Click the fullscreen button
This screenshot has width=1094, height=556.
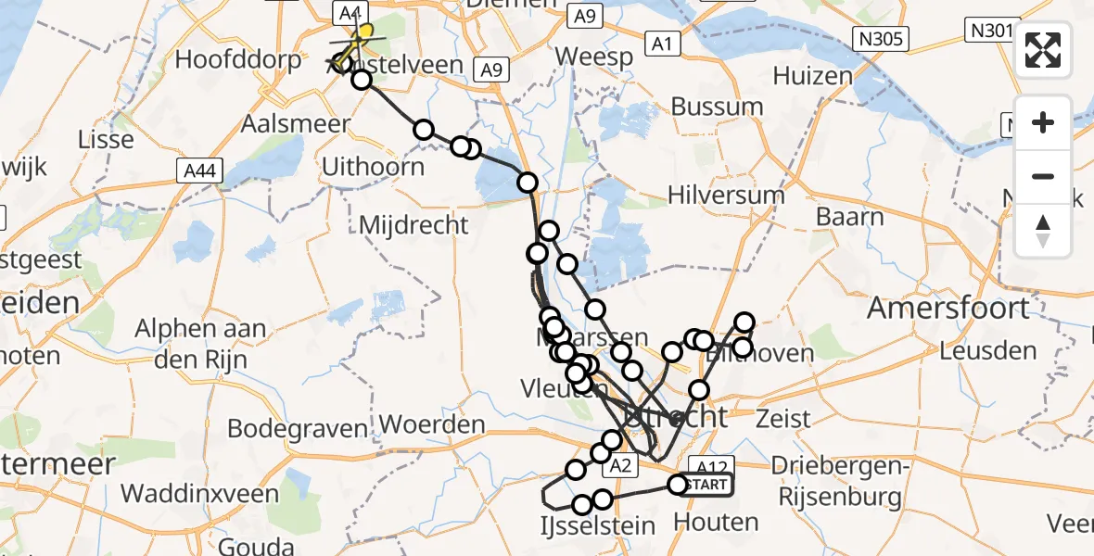tap(1043, 50)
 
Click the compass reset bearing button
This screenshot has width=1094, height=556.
tap(1043, 230)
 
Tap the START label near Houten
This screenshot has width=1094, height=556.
tap(709, 485)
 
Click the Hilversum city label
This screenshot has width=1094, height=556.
tap(729, 196)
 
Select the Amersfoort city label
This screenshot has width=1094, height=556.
tap(948, 309)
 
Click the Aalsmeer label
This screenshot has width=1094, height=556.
tap(309, 123)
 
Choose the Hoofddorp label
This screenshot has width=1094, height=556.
tap(238, 60)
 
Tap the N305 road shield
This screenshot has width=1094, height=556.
tap(882, 39)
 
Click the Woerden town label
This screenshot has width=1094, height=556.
tap(432, 425)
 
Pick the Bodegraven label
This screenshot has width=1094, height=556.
tap(298, 429)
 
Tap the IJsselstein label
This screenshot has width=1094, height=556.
tap(597, 525)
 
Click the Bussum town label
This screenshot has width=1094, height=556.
tap(717, 107)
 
